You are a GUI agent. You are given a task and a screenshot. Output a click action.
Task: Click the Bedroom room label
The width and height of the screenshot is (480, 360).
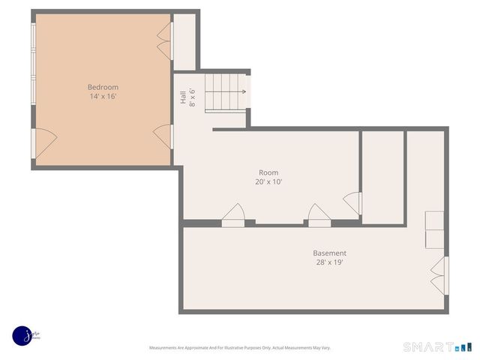[x=103, y=87]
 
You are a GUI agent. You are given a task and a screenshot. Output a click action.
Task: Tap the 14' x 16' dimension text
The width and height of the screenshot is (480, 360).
[x=103, y=97]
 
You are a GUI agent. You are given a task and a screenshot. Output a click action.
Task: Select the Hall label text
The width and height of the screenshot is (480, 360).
[x=182, y=97]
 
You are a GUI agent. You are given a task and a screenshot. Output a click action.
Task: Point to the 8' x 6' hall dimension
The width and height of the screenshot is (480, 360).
[x=192, y=97]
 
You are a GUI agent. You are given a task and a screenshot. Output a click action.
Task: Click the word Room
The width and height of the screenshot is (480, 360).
[x=268, y=172]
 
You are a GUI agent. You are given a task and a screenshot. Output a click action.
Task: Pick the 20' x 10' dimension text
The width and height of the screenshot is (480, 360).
[x=268, y=182]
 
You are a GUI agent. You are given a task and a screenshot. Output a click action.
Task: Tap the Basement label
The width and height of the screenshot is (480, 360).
[x=330, y=253]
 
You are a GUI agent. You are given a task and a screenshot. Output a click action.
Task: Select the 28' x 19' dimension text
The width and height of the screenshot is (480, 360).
[x=330, y=262]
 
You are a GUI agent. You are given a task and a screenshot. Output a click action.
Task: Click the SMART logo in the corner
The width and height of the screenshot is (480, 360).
[x=437, y=346]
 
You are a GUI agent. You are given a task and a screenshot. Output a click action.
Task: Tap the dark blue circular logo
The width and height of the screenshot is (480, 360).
[x=22, y=336]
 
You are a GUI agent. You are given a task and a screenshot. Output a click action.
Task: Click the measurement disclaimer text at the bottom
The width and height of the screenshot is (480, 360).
[x=240, y=348]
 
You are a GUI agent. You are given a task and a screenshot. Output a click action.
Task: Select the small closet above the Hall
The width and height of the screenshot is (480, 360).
[x=185, y=41]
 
